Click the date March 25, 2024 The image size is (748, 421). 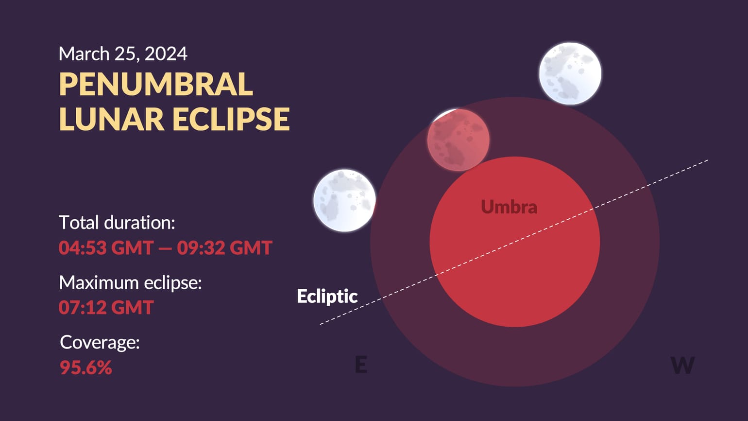pyautogui.click(x=122, y=54)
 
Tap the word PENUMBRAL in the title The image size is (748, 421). pyautogui.click(x=156, y=85)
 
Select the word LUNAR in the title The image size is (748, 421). pyautogui.click(x=111, y=119)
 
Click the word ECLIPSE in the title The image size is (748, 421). pyautogui.click(x=231, y=119)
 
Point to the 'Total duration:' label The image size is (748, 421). pyautogui.click(x=117, y=223)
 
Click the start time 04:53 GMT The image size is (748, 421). pyautogui.click(x=106, y=248)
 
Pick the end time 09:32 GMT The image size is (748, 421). pyautogui.click(x=224, y=248)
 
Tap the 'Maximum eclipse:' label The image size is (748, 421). pyautogui.click(x=130, y=282)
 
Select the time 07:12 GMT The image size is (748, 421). pyautogui.click(x=106, y=308)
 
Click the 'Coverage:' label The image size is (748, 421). pyautogui.click(x=100, y=342)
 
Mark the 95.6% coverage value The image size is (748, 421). pyautogui.click(x=86, y=368)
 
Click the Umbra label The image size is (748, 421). pyautogui.click(x=509, y=207)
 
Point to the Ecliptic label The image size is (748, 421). pyautogui.click(x=327, y=296)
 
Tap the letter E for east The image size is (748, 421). pyautogui.click(x=361, y=365)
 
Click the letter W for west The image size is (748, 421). pyautogui.click(x=682, y=365)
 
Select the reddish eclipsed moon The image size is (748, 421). pyautogui.click(x=458, y=140)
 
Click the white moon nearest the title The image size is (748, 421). pyautogui.click(x=344, y=200)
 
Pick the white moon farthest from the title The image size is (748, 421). pyautogui.click(x=570, y=73)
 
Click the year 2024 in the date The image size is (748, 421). pyautogui.click(x=166, y=54)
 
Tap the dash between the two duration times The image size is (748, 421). pyautogui.click(x=165, y=248)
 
